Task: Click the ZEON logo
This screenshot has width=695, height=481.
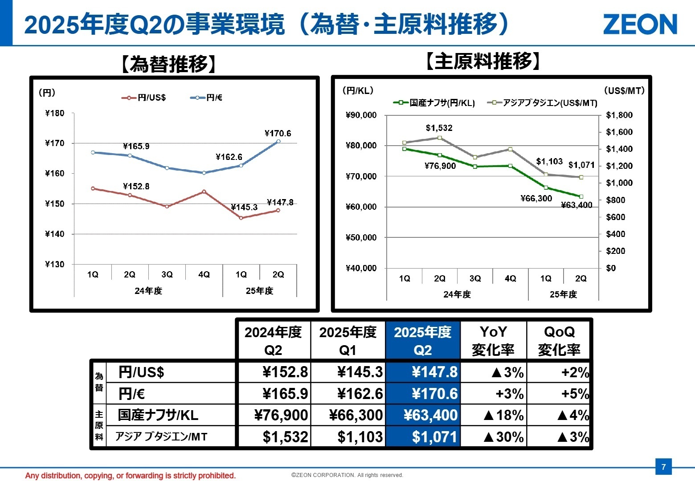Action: tap(640, 24)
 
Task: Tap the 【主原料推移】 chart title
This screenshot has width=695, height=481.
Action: tap(483, 61)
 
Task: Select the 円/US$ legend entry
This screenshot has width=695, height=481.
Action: tap(144, 98)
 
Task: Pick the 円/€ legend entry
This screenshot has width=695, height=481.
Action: tap(207, 98)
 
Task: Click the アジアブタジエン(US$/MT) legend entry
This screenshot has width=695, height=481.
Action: tap(543, 103)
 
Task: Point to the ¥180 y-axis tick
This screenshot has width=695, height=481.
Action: tap(55, 113)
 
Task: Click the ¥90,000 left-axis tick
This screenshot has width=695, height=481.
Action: tap(361, 115)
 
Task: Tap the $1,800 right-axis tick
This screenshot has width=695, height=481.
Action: tap(619, 115)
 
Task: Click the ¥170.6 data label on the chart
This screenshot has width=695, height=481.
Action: tap(278, 133)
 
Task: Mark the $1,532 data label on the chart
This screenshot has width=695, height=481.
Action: tap(439, 128)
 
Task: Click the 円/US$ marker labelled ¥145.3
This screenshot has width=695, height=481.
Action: tap(241, 218)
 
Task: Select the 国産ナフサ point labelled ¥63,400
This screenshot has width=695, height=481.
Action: tap(581, 196)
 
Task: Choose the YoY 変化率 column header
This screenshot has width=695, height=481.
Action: tap(493, 341)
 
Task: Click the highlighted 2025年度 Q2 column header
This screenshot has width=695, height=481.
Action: tap(422, 341)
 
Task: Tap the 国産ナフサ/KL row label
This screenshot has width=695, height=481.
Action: tap(158, 415)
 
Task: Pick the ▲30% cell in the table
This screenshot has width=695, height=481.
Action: tap(503, 437)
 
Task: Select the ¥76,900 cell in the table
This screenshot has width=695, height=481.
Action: tap(281, 415)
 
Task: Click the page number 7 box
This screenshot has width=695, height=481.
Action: tap(663, 467)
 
